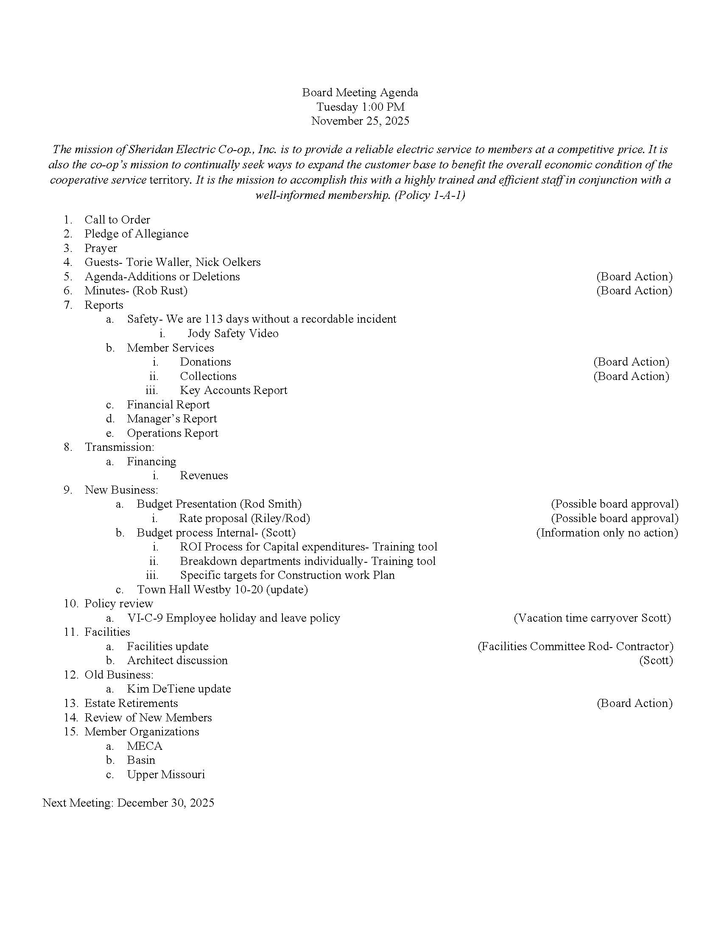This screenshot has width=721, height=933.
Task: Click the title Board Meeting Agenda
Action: pos(360,92)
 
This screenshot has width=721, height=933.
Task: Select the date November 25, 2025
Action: pos(360,121)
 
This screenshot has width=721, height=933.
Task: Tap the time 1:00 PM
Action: pos(383,107)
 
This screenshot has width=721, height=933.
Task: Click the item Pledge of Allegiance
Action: pos(136,234)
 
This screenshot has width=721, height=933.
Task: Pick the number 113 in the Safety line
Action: pos(214,319)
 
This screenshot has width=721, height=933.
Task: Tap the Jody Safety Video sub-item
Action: pos(233,333)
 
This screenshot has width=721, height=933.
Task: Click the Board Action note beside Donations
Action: pos(631,362)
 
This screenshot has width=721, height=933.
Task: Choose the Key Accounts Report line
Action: pos(233,390)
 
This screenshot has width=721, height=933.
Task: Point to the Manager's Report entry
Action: pos(172,419)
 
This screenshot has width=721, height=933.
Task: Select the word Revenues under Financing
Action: pos(204,475)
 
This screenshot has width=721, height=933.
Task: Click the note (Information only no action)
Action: pos(607,533)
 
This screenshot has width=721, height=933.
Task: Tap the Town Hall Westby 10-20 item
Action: pos(222,589)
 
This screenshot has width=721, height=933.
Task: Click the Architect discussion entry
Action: pos(177,660)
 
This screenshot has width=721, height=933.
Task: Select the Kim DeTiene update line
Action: pos(179,689)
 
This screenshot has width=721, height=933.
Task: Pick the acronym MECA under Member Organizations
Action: pos(144,746)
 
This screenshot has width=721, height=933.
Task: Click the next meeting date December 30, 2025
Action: pos(166,803)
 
